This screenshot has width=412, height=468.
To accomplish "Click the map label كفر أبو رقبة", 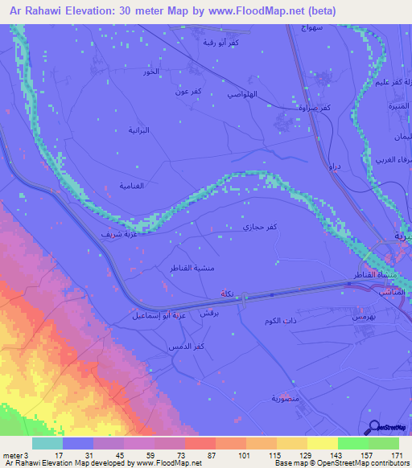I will tap(221, 42).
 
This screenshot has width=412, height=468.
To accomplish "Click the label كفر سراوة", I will tap(315, 107).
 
